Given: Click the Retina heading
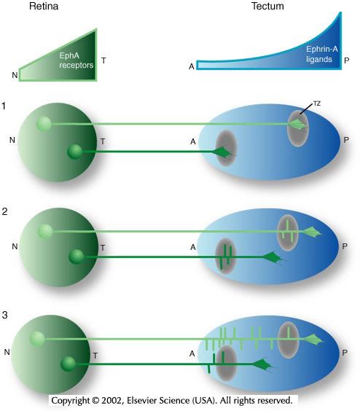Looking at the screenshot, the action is click(x=44, y=6).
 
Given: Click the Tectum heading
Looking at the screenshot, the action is click(x=267, y=6).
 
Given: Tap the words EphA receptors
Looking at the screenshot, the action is click(x=76, y=60).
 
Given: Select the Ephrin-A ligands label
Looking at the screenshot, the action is click(x=321, y=54).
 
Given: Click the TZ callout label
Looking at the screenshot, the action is click(x=317, y=103).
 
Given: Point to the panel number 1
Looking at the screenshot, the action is click(x=4, y=106).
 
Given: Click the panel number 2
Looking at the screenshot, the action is click(x=4, y=211).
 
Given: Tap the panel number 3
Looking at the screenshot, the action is click(x=4, y=315).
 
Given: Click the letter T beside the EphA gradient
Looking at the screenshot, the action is click(x=103, y=60).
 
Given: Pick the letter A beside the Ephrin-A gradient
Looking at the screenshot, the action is click(x=192, y=66).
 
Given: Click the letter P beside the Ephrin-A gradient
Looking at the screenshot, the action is click(x=347, y=60).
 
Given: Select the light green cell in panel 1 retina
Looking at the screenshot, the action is click(x=44, y=124).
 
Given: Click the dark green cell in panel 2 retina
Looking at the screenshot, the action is click(x=77, y=257).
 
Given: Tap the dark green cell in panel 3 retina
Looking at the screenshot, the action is click(x=69, y=364).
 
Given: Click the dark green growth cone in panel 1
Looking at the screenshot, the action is click(x=224, y=152).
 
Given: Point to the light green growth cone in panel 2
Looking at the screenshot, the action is click(x=313, y=232).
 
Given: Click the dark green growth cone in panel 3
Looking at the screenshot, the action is click(x=262, y=364).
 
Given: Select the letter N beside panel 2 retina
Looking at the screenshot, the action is click(x=15, y=246).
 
